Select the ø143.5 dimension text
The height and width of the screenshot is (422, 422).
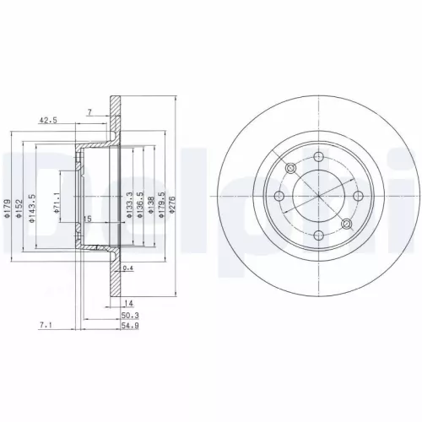click(30, 210)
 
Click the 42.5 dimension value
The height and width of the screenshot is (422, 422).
click(47, 121)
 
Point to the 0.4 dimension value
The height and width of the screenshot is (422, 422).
click(127, 268)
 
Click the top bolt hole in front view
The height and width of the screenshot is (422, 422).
click(318, 157)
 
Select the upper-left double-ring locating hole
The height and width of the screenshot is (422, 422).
click(290, 169)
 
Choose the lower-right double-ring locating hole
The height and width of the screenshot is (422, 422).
click(346, 224)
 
